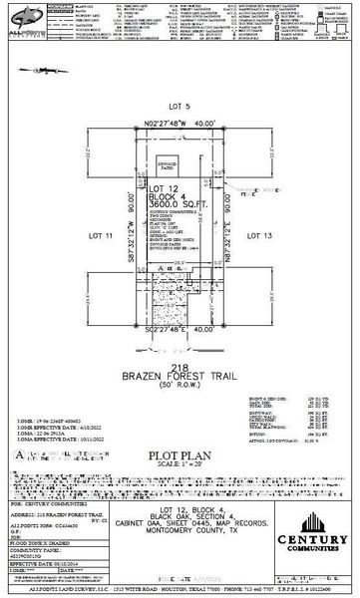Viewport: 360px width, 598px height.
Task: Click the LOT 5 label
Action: tap(180, 103)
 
